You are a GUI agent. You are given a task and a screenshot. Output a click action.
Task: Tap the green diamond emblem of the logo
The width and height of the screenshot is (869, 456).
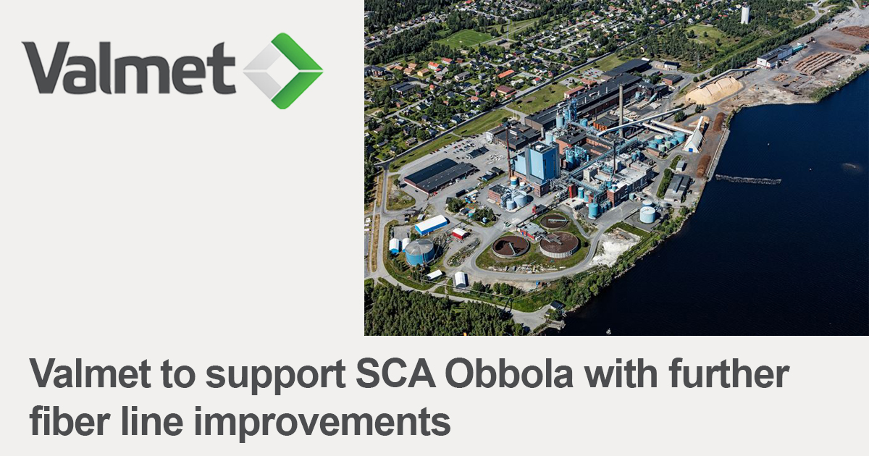(x=283, y=70)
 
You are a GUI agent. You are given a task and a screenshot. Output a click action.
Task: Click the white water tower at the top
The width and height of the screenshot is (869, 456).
(x=744, y=13)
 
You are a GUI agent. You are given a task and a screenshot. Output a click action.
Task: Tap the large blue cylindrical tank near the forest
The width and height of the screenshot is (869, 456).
(x=420, y=252)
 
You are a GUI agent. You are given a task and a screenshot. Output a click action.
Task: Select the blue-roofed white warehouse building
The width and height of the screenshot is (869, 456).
(x=432, y=225)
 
